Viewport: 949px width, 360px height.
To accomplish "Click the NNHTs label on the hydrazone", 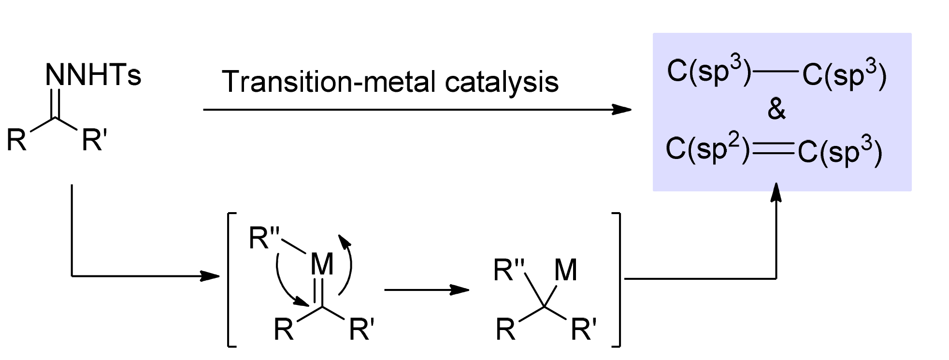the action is coord(93,75).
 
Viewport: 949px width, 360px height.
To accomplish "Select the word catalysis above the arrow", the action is coord(502,82).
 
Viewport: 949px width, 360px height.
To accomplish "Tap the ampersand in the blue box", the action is coord(776,110).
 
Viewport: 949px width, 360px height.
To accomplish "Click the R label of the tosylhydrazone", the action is coord(17,141).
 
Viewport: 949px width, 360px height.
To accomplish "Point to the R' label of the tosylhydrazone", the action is coord(92,140).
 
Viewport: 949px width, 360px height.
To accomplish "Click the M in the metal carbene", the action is coord(322,264).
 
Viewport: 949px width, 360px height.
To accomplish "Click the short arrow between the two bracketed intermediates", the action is coord(427,290).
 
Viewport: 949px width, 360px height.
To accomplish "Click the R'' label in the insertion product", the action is coord(509,270).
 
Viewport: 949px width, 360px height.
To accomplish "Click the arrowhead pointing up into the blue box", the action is coord(776,192).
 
